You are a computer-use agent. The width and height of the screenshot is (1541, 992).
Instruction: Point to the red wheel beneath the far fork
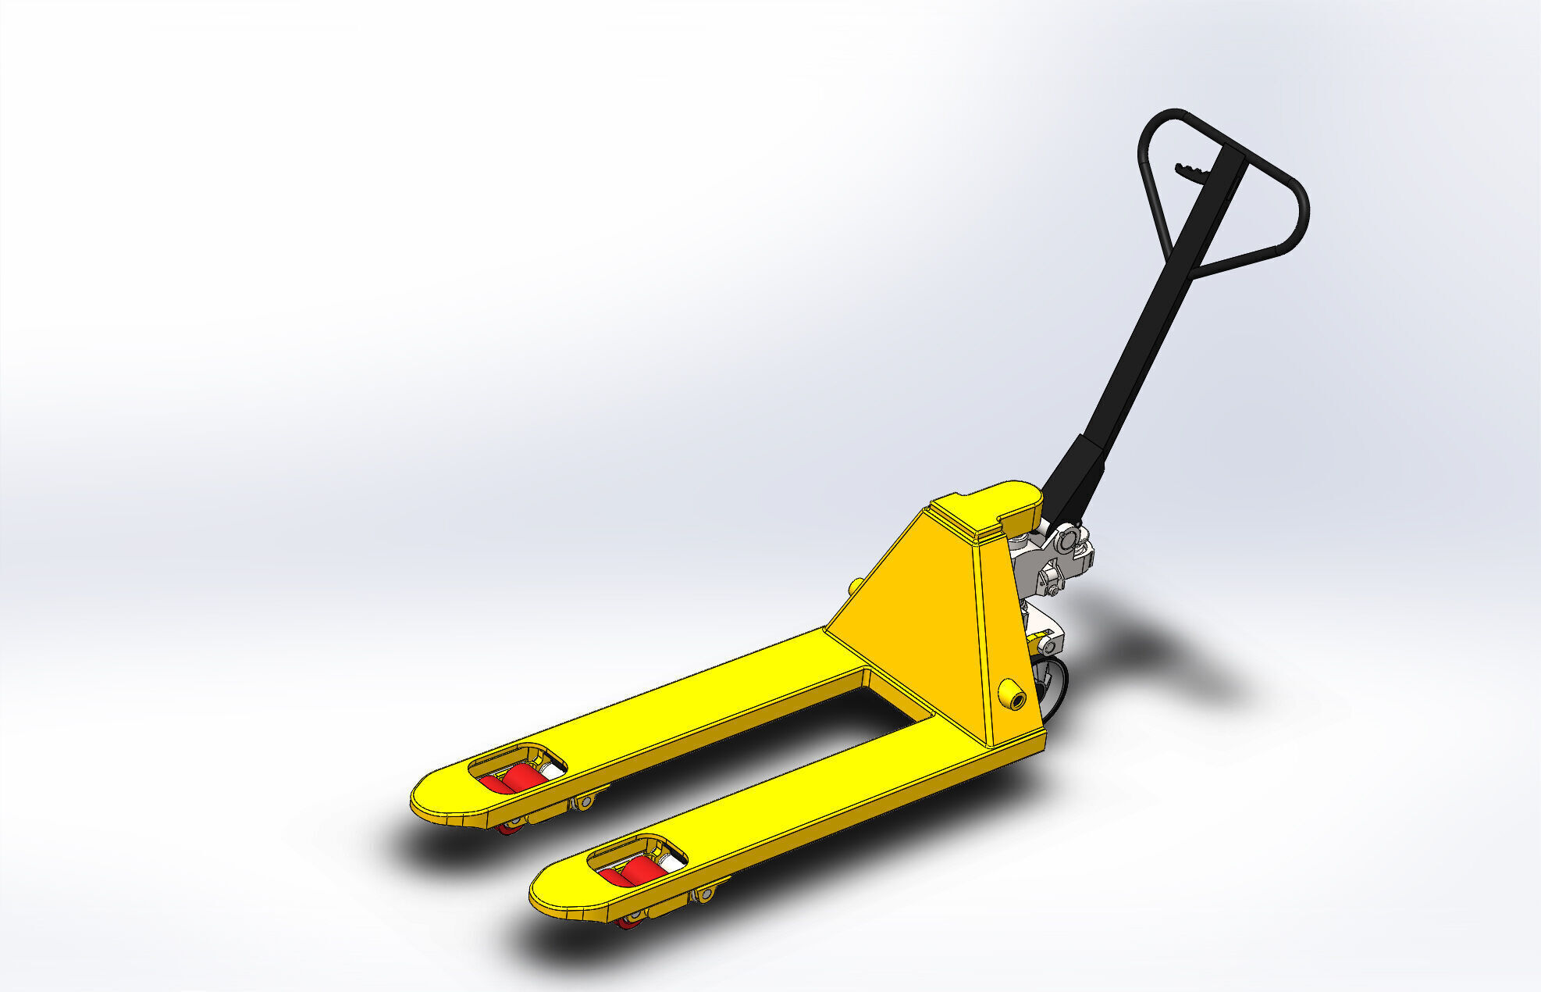pyautogui.click(x=512, y=826)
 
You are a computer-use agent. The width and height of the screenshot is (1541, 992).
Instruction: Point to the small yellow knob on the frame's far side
pyautogui.click(x=856, y=586)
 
